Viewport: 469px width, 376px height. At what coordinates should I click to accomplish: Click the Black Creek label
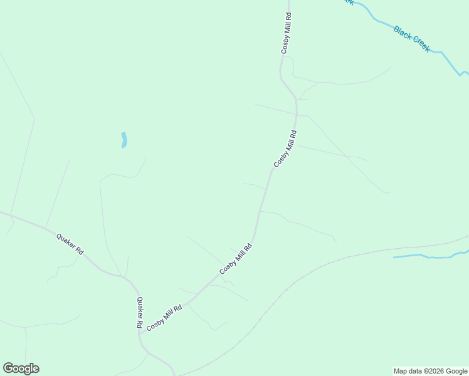[412, 39]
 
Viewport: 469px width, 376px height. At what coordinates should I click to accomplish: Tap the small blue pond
[124, 140]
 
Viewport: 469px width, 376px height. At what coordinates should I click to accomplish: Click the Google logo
[21, 368]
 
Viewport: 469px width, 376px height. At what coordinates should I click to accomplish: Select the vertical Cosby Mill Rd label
[286, 33]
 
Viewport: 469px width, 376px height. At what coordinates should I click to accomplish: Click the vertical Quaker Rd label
[140, 313]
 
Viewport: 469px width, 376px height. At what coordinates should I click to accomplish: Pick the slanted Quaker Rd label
[70, 243]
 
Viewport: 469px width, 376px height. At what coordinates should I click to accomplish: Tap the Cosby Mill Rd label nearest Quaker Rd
[164, 318]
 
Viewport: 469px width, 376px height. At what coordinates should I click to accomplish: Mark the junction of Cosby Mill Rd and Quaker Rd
[141, 333]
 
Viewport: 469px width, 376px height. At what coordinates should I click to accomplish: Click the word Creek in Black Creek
[420, 44]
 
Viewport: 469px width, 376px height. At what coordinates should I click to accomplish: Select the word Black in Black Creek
[403, 33]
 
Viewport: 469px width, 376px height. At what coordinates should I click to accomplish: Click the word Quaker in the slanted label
[66, 240]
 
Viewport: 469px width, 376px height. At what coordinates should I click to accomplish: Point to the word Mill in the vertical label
[286, 29]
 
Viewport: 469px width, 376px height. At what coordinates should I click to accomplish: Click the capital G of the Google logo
[8, 368]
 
